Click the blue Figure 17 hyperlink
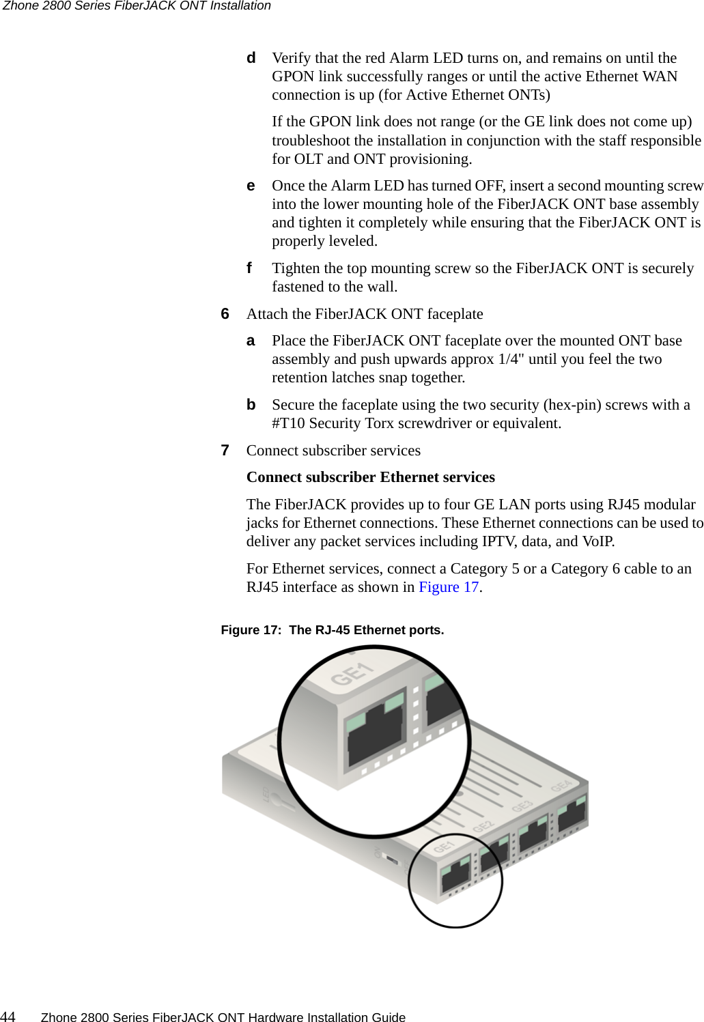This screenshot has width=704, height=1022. pos(449,587)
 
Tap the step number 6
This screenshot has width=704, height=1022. pos(225,314)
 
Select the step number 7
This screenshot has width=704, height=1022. pos(225,451)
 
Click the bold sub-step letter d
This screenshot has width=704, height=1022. pos(251,58)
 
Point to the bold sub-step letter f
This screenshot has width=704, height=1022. pos(250,268)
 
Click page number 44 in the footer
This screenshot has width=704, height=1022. pos(8,1017)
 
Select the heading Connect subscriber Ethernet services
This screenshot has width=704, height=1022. pos(370,477)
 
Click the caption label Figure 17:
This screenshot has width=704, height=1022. pos(251,630)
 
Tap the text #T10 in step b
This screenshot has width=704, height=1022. pos(289,423)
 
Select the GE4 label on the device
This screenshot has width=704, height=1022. pos(561,786)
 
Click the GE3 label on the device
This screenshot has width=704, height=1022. pos(522,806)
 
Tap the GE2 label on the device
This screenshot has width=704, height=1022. pos(483,827)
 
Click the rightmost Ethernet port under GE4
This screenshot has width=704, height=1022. pos(572,816)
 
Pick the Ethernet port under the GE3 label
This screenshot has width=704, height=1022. pos(533,836)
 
